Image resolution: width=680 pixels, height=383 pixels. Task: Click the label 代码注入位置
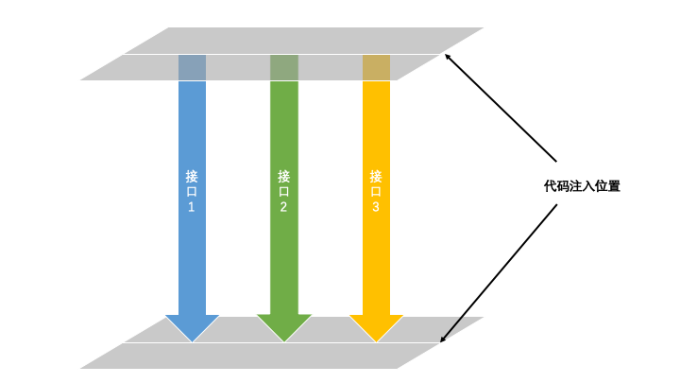pos(575,187)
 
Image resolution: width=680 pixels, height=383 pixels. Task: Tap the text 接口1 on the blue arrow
pos(192,190)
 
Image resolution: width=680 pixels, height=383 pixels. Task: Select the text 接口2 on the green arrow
pos(283,190)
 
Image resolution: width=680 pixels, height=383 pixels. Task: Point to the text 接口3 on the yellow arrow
pos(376,190)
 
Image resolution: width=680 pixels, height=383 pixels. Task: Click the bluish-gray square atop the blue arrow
pos(192,67)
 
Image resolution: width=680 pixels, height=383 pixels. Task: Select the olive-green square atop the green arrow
pos(283,67)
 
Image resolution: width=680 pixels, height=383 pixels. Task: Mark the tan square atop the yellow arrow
pos(376,67)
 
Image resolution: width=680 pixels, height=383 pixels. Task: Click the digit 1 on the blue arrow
pos(192,207)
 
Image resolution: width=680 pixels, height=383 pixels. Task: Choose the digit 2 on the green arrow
pos(283,207)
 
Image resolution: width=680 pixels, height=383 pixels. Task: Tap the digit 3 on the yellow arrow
pos(376,207)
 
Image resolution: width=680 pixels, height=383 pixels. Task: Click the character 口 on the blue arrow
pos(192,191)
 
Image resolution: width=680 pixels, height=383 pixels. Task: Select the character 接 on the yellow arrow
pos(376,175)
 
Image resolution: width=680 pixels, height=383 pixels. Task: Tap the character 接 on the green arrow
pos(283,175)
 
